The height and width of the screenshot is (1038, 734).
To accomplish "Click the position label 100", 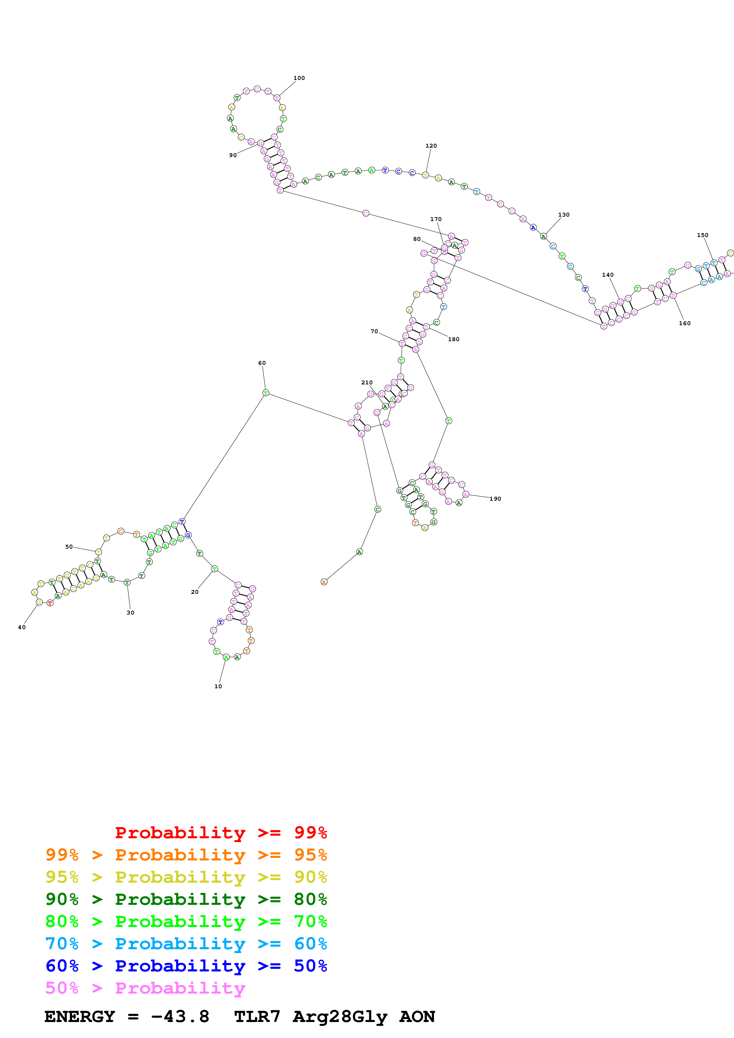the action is tap(299, 78).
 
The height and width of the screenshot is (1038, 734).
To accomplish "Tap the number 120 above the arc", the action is tap(431, 146).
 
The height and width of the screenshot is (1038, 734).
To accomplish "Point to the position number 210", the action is tap(367, 383).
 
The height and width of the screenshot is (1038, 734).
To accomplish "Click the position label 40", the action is tap(22, 628).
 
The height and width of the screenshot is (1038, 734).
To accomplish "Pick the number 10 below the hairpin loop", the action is tap(218, 686).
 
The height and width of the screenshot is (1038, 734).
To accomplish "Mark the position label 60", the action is tap(262, 363).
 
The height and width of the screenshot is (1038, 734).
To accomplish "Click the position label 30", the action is tap(130, 613).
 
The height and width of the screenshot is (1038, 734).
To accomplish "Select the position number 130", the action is tap(563, 215).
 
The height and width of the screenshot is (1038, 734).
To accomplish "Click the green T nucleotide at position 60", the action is tap(266, 393).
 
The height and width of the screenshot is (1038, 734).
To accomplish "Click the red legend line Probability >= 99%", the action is tap(221, 833).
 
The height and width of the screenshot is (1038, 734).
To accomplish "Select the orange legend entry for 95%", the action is tap(186, 855).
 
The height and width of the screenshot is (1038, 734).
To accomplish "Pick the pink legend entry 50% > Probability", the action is tap(145, 988).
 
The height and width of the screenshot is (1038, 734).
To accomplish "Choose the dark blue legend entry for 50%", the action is tap(186, 966).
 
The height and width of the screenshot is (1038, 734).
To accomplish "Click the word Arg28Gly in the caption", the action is tap(340, 1017).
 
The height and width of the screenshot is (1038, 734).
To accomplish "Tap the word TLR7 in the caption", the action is tap(257, 1017).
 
